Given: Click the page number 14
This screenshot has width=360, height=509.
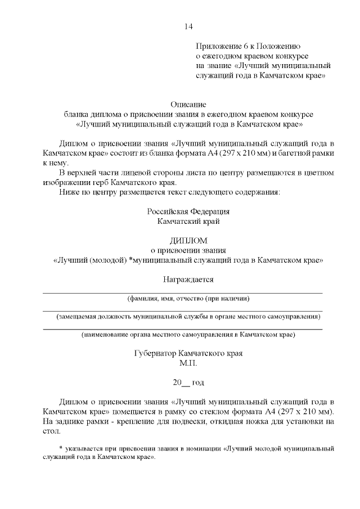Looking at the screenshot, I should (188, 27).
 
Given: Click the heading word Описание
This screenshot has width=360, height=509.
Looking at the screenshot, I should (188, 104).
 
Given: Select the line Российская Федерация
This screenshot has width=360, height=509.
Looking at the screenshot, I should (188, 211).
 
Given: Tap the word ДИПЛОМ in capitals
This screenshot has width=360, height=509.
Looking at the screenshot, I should (188, 240).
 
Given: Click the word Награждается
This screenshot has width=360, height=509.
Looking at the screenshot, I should (188, 279).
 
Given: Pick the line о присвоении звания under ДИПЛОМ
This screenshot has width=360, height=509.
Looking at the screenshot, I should (188, 250).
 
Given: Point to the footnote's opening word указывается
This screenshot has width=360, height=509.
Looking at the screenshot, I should (84, 449).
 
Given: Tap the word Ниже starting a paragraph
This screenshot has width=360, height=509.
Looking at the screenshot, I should (69, 192).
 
